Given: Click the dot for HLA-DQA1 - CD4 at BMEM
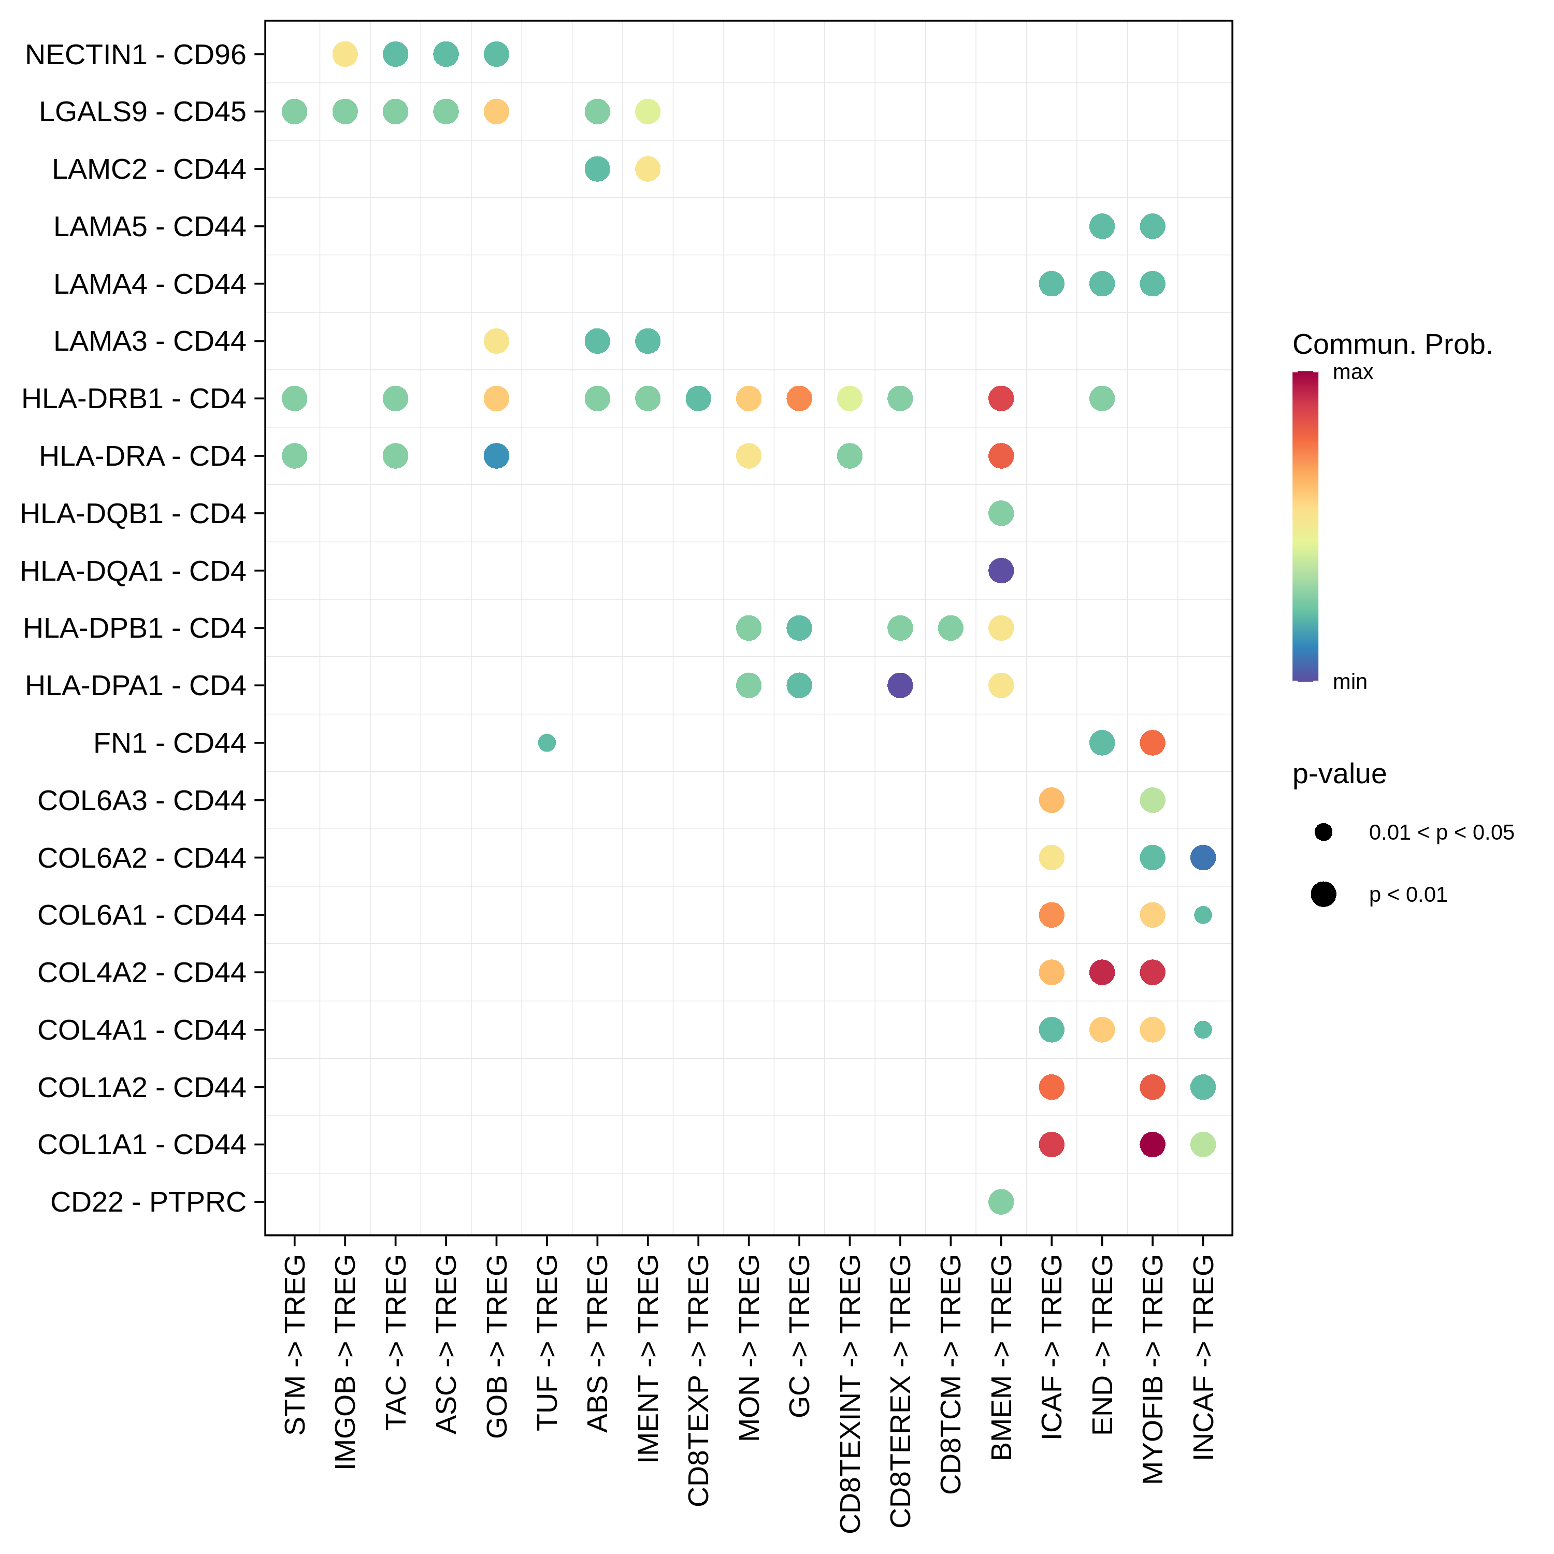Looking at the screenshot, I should pyautogui.click(x=1001, y=571).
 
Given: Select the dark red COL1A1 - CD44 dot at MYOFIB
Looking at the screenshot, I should pyautogui.click(x=1152, y=1144).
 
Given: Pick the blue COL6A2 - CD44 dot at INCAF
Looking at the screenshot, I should pyautogui.click(x=1202, y=857).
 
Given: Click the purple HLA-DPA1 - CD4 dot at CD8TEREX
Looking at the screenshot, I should pyautogui.click(x=900, y=685).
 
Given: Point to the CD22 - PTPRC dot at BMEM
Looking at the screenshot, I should pyautogui.click(x=1001, y=1202).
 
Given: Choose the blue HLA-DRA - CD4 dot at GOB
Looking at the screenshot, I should pyautogui.click(x=496, y=456).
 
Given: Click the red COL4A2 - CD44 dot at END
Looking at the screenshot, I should pyautogui.click(x=1102, y=972).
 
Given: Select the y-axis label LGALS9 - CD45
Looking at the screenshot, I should pyautogui.click(x=142, y=112).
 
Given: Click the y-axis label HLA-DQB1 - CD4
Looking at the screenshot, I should pyautogui.click(x=133, y=513).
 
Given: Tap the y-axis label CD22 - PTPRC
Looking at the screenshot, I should pyautogui.click(x=148, y=1202).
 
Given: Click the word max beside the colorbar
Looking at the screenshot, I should pyautogui.click(x=1353, y=372).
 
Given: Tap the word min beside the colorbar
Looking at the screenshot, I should pyautogui.click(x=1350, y=682).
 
